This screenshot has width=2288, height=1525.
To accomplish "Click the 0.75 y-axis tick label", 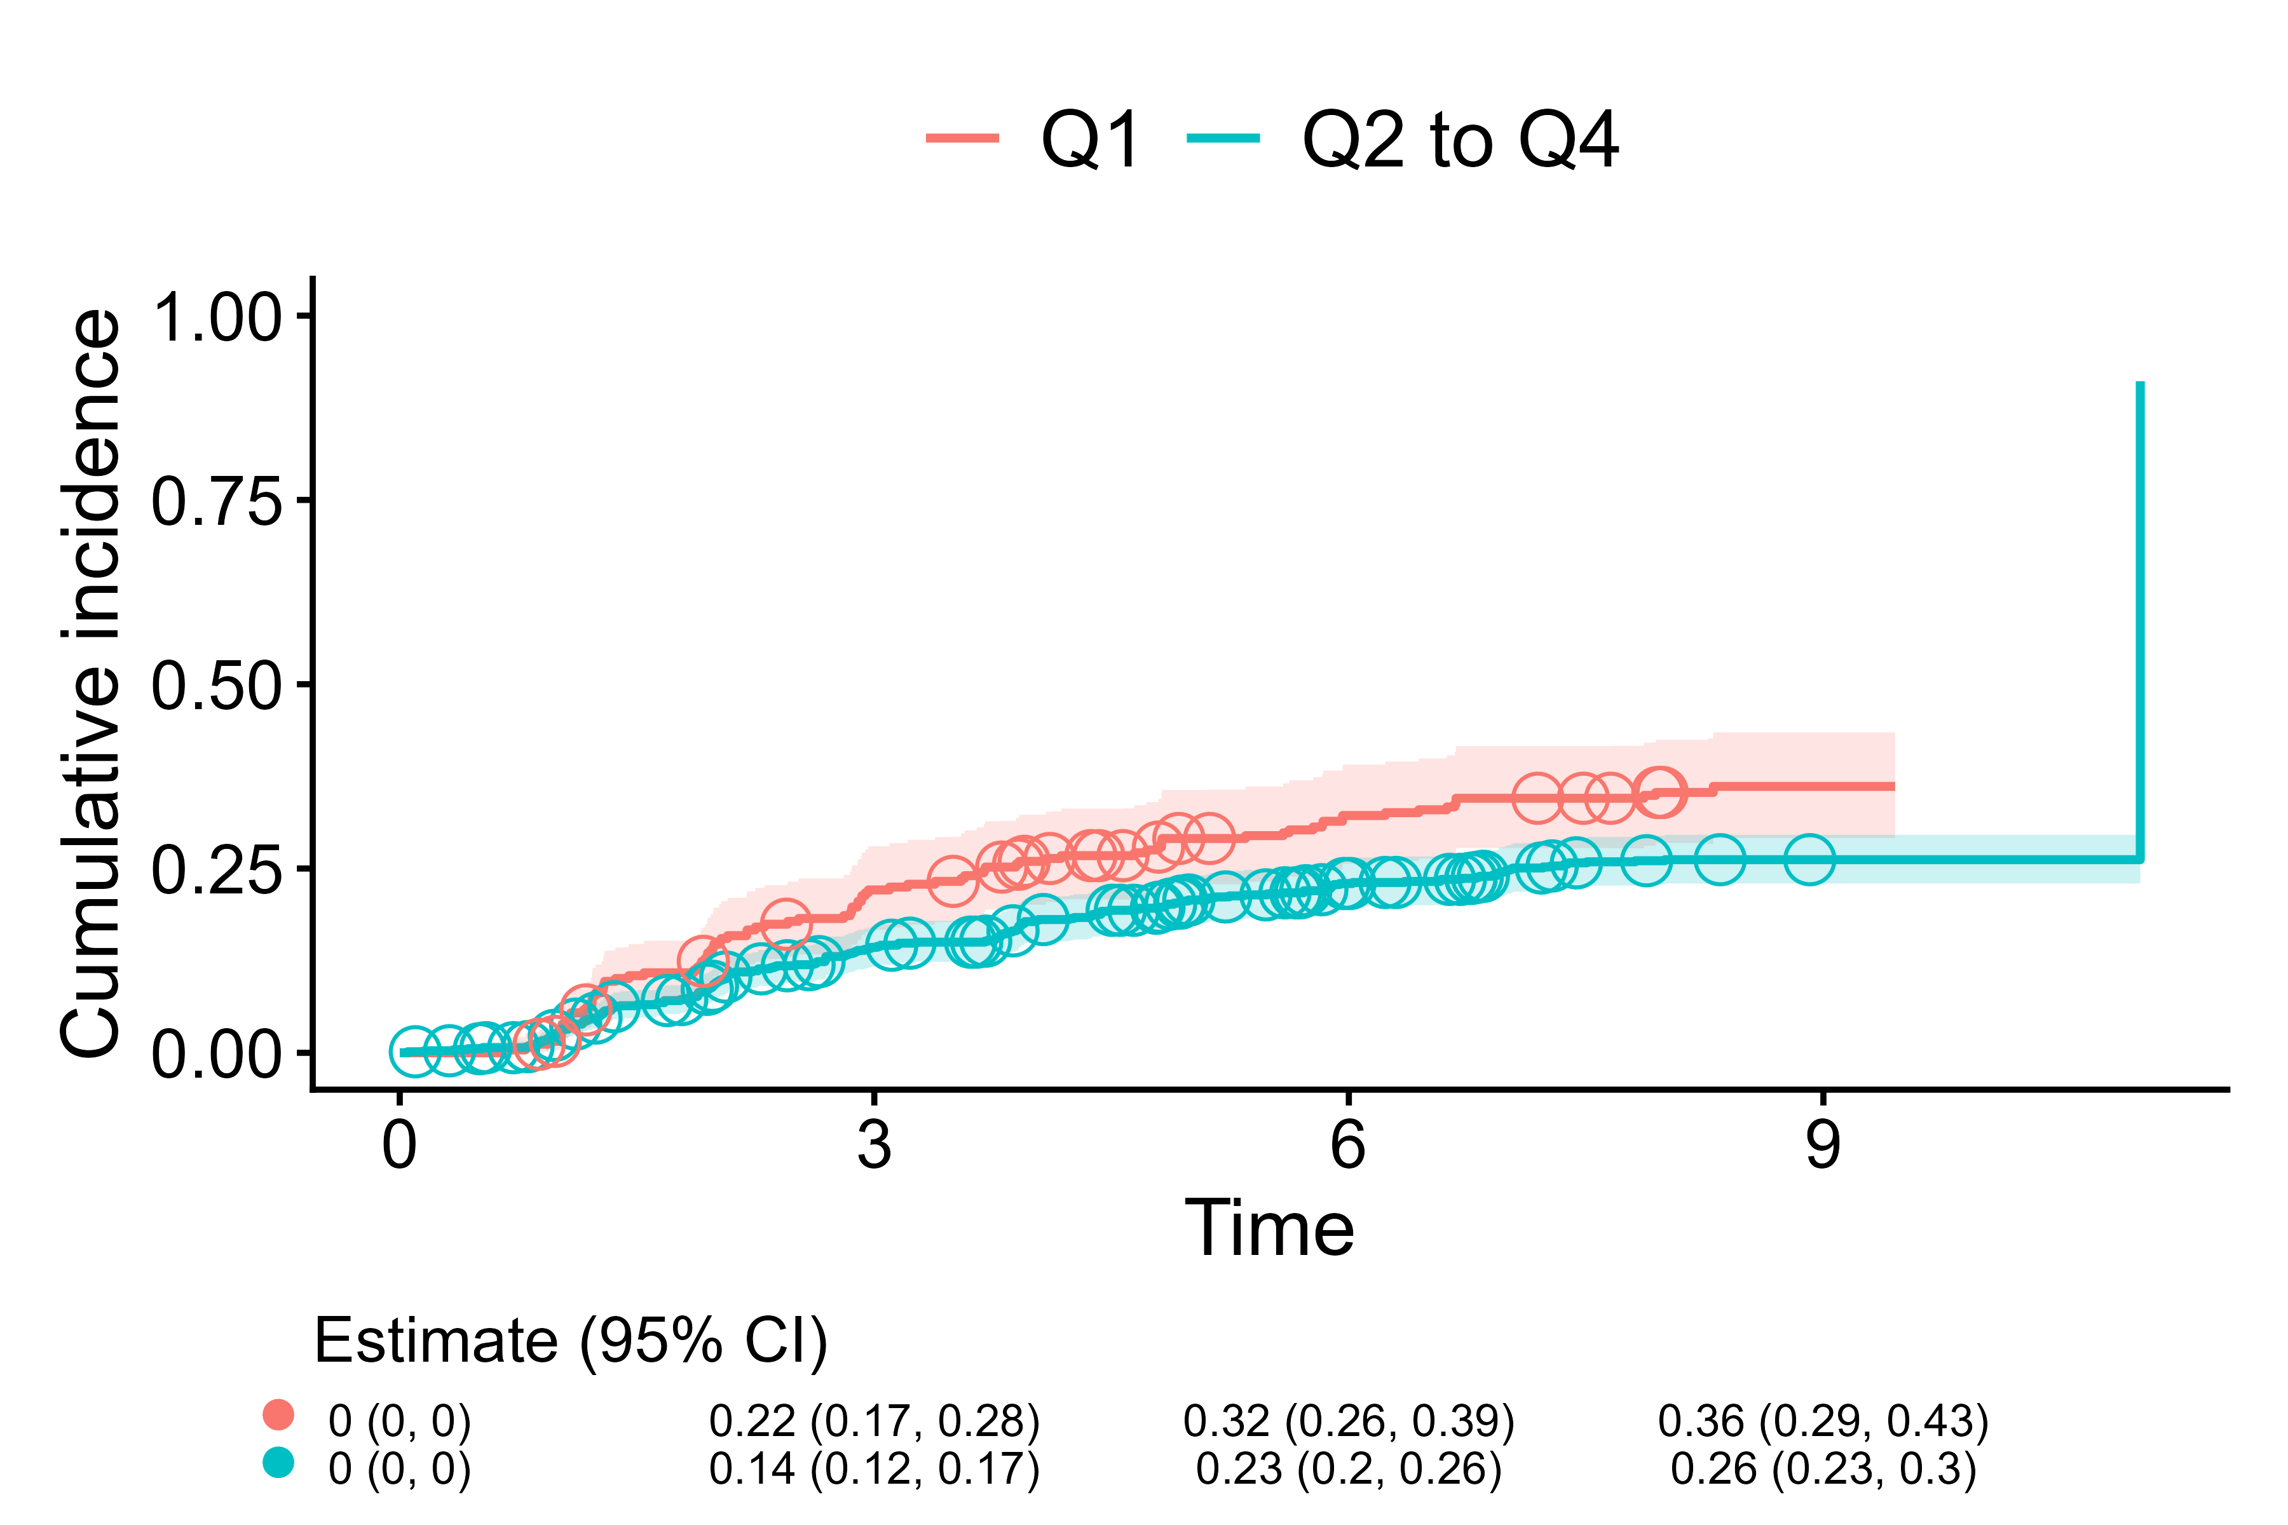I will pos(216,501).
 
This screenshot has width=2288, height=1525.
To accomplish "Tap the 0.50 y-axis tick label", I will pos(216,685).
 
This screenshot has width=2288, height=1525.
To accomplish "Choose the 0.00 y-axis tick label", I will pos(216,1054).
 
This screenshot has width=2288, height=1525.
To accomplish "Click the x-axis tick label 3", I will pos(873,1145).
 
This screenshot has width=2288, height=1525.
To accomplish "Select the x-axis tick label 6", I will pos(1347,1145).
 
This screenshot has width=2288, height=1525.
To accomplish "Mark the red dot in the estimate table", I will pos(278,1414).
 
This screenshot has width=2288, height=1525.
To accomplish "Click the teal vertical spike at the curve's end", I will pos(2139,623).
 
